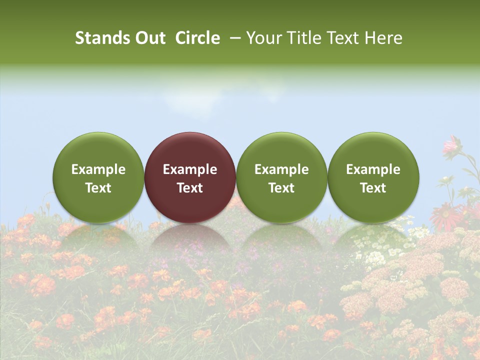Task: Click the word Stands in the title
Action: pyautogui.click(x=99, y=38)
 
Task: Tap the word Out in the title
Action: pyautogui.click(x=149, y=38)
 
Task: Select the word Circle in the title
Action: pyautogui.click(x=197, y=38)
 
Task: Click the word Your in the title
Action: pyautogui.click(x=264, y=38)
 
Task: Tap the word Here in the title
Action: pyautogui.click(x=383, y=38)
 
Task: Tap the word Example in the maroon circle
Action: pyautogui.click(x=190, y=169)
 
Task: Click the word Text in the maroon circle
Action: pyautogui.click(x=190, y=188)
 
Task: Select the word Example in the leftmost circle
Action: pyautogui.click(x=98, y=169)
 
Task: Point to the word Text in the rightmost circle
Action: pyautogui.click(x=373, y=188)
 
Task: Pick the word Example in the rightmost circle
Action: pyautogui.click(x=373, y=169)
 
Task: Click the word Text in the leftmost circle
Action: pyautogui.click(x=98, y=188)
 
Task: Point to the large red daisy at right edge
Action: pyautogui.click(x=444, y=215)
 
